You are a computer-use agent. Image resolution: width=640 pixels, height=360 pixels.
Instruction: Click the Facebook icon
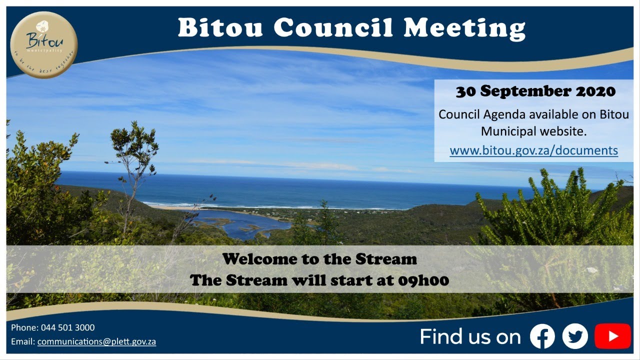click(x=542, y=336)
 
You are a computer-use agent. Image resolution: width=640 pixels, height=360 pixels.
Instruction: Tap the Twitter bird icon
click(x=575, y=336)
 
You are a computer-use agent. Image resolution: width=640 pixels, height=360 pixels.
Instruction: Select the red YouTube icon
click(x=612, y=336)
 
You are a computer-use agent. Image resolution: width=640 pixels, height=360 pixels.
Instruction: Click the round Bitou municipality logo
click(x=44, y=44)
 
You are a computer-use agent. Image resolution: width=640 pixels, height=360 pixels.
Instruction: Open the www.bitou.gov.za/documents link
click(x=533, y=150)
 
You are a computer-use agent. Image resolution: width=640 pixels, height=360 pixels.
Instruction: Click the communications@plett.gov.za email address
click(x=96, y=342)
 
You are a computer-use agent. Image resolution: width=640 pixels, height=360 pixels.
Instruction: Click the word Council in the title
click(x=333, y=28)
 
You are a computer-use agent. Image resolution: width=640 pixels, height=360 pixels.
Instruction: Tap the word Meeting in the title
click(x=464, y=28)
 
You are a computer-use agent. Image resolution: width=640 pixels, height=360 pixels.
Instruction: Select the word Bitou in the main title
click(x=220, y=28)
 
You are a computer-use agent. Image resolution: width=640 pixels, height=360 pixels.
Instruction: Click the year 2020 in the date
click(x=595, y=91)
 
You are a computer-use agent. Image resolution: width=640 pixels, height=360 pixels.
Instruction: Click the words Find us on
click(x=470, y=336)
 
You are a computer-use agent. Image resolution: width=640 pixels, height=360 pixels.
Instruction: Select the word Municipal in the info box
click(x=509, y=132)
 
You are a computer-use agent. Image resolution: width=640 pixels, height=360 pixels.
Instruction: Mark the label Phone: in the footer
click(x=23, y=328)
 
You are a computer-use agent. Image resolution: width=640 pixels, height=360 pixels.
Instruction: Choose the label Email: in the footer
click(x=22, y=342)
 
